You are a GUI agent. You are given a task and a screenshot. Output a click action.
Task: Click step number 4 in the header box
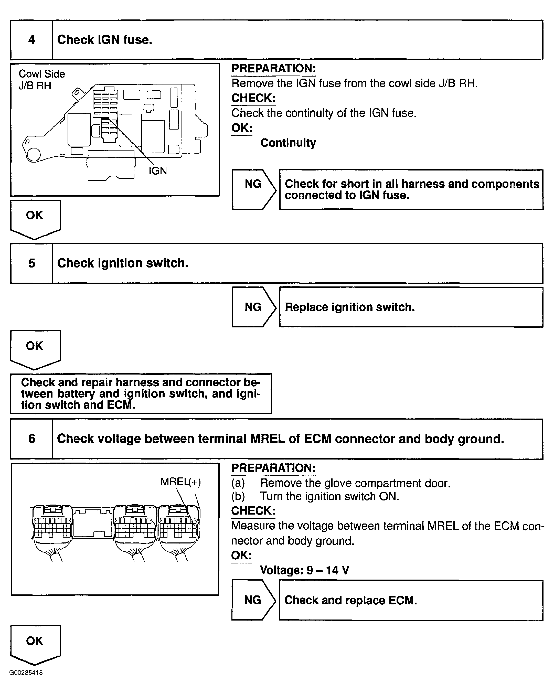(x=31, y=40)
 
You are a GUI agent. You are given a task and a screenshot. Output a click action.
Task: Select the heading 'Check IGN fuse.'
(x=105, y=40)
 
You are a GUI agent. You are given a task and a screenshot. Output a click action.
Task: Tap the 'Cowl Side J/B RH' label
(x=41, y=80)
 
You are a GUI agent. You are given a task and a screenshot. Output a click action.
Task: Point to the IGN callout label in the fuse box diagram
(x=158, y=170)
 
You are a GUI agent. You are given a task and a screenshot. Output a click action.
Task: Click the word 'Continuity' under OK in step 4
(x=288, y=143)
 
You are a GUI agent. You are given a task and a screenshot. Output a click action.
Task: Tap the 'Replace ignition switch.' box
(x=411, y=307)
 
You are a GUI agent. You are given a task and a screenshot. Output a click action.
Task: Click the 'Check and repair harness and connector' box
(x=141, y=393)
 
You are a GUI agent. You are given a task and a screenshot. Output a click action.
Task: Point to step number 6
(x=31, y=439)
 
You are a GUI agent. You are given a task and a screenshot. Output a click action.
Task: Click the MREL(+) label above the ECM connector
(x=180, y=482)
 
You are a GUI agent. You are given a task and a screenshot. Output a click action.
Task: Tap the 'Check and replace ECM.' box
(x=411, y=600)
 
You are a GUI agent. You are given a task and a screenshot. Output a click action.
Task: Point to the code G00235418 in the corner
(x=26, y=672)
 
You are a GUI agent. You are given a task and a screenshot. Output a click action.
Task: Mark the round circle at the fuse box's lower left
(x=34, y=155)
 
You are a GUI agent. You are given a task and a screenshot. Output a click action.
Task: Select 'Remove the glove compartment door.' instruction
(x=355, y=483)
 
